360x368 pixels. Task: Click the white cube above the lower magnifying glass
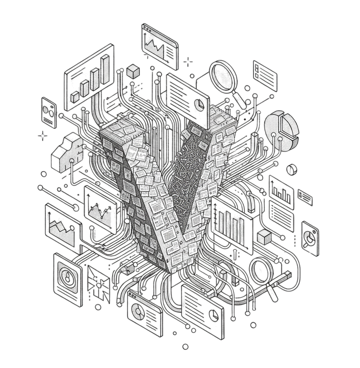[264, 237]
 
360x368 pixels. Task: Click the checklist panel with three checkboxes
[265, 73]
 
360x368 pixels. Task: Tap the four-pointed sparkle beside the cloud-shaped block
[43, 136]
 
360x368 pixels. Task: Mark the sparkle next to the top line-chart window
[188, 62]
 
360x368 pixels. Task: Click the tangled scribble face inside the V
[186, 170]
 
